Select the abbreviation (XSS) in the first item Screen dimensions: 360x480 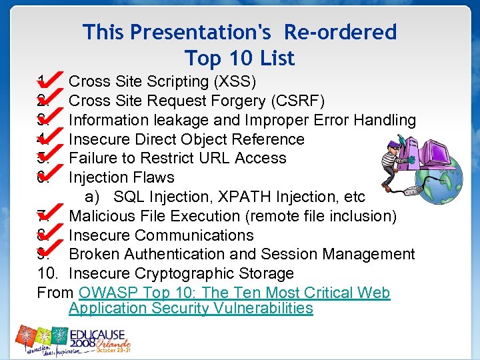(233, 82)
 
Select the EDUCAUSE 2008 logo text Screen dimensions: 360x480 (100, 333)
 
